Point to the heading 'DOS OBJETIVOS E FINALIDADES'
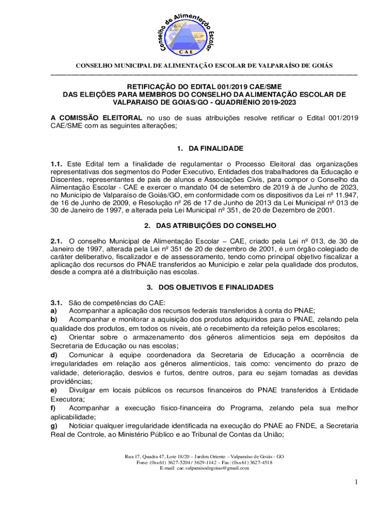[216, 287]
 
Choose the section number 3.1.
[56, 302]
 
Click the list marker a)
[53, 311]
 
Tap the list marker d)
[53, 355]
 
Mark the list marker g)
[53, 425]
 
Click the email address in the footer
[205, 468]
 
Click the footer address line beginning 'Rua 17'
[205, 457]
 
